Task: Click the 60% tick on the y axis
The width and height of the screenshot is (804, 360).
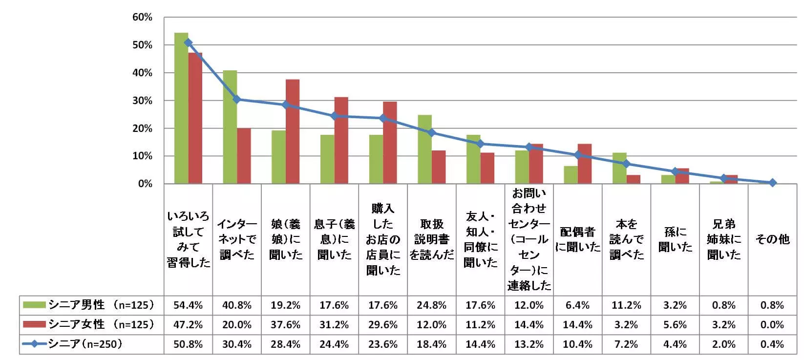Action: pyautogui.click(x=142, y=18)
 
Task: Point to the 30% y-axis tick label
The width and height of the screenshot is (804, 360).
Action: pyautogui.click(x=142, y=101)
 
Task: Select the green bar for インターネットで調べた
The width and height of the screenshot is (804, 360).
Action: pyautogui.click(x=230, y=127)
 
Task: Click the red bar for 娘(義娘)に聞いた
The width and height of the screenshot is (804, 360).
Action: pyautogui.click(x=293, y=131)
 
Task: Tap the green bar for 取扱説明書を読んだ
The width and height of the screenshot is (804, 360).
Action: pyautogui.click(x=424, y=149)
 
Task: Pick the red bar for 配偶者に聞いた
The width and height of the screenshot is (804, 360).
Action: pyautogui.click(x=585, y=164)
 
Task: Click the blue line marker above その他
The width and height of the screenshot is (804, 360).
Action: pyautogui.click(x=772, y=183)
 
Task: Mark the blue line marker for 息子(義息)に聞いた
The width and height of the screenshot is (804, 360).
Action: pyautogui.click(x=334, y=116)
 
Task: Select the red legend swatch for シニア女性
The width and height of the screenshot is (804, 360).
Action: pyautogui.click(x=35, y=325)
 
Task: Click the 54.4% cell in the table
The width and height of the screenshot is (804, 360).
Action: pyautogui.click(x=188, y=305)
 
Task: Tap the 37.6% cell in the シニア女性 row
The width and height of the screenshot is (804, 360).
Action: pyautogui.click(x=285, y=325)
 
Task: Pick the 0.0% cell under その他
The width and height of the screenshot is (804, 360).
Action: pyautogui.click(x=772, y=325)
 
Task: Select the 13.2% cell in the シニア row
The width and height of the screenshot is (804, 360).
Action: pyautogui.click(x=529, y=344)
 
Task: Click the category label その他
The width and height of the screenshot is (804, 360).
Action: pyautogui.click(x=772, y=239)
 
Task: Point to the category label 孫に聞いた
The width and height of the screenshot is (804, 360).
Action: pyautogui.click(x=675, y=239)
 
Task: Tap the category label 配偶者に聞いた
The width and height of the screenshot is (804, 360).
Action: pyautogui.click(x=577, y=239)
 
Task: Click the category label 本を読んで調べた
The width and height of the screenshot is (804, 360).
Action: pyautogui.click(x=626, y=239)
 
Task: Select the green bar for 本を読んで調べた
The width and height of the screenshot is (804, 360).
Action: pyautogui.click(x=619, y=168)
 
